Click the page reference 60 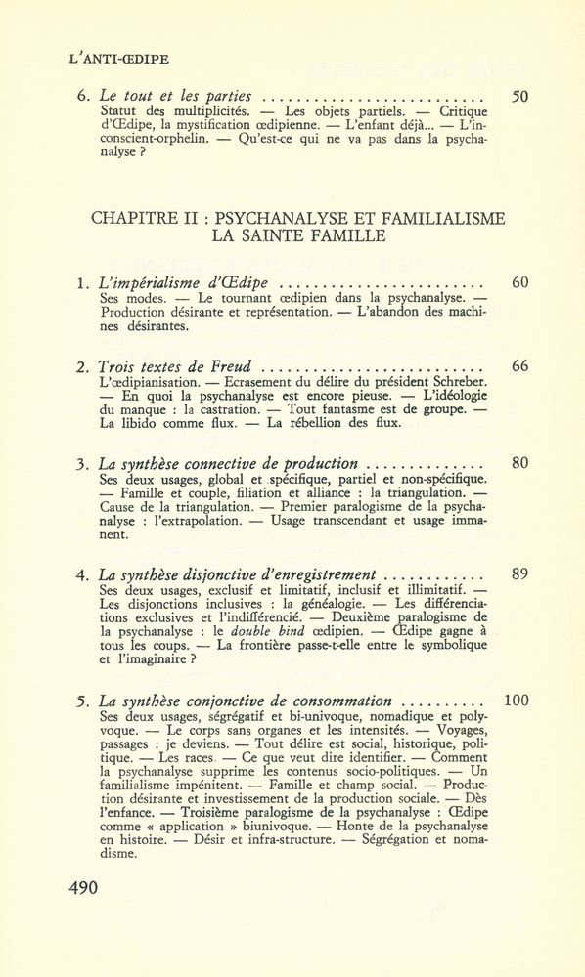519,283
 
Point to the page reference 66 519,366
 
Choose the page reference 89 519,573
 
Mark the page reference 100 515,701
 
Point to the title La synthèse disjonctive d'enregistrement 239,574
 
